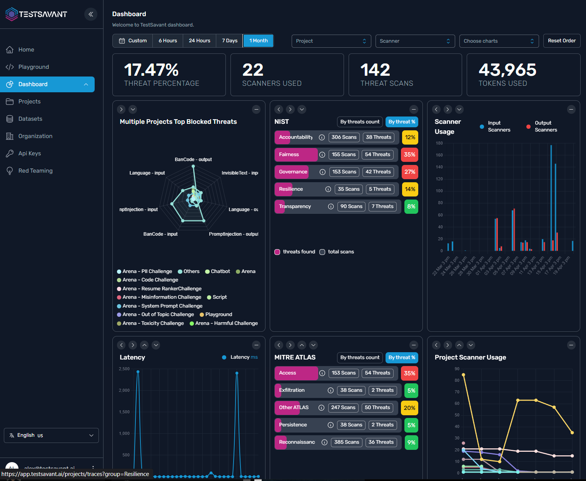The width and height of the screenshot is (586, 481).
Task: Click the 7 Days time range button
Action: click(x=229, y=41)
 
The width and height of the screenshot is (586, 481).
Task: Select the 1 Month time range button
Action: click(x=258, y=41)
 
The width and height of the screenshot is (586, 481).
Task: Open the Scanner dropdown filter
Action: click(x=415, y=41)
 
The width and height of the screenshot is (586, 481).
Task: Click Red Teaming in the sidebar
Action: click(x=35, y=171)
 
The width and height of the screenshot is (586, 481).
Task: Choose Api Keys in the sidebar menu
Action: click(x=30, y=153)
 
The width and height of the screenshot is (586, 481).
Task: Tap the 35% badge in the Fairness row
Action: click(x=409, y=155)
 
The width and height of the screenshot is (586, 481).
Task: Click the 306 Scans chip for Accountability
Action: click(x=344, y=137)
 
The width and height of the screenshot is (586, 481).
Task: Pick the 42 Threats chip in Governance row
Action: click(x=378, y=172)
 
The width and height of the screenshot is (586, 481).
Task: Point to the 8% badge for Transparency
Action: click(x=411, y=206)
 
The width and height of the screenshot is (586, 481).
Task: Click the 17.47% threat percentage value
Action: click(x=151, y=70)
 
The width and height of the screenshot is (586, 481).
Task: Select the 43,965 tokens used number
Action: click(x=507, y=70)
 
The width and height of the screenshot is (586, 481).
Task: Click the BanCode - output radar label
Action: click(x=193, y=160)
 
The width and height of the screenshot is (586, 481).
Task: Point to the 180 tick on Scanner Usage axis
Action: click(x=439, y=143)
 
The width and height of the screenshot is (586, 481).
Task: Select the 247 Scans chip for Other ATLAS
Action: click(x=343, y=408)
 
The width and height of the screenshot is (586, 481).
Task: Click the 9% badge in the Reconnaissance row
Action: click(x=411, y=443)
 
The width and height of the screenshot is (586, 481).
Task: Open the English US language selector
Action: click(x=51, y=435)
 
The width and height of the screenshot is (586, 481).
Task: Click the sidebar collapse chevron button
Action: click(x=91, y=14)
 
